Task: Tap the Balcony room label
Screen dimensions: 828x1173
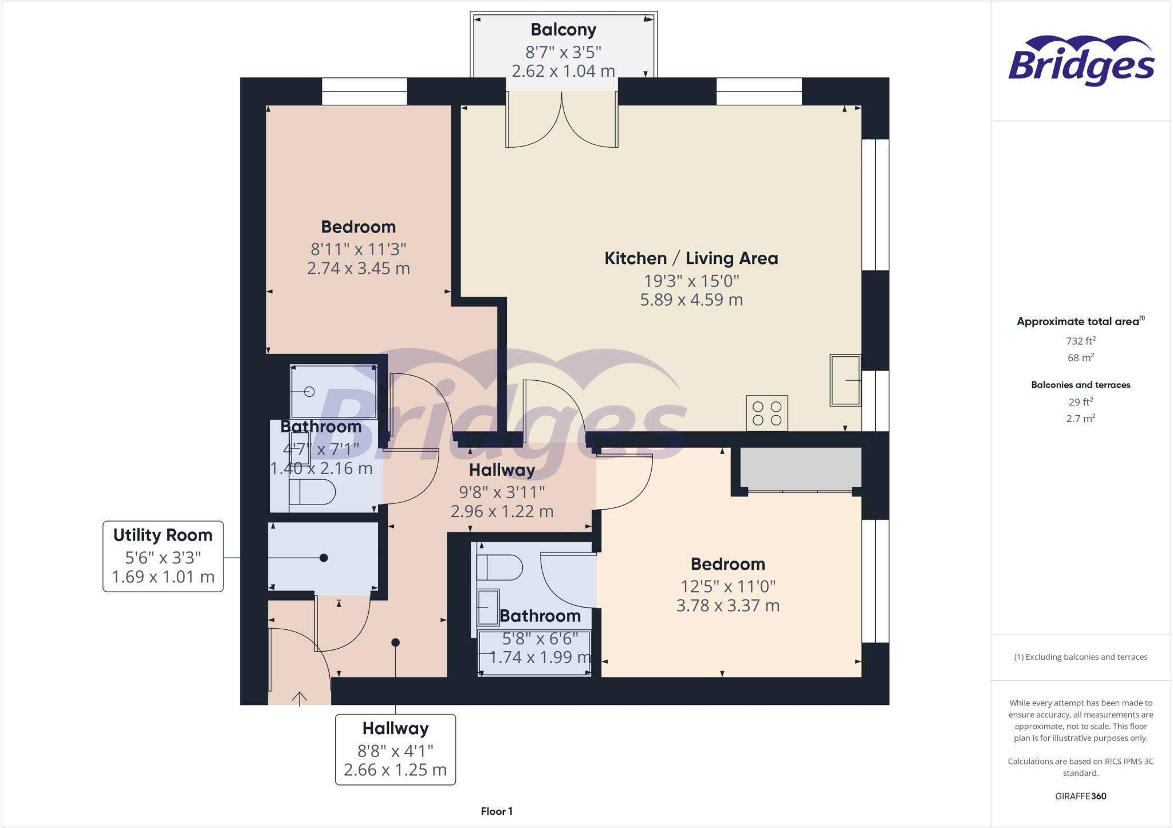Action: point(563,30)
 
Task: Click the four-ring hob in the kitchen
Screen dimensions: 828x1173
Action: point(767,413)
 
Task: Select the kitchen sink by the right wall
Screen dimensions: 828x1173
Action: point(845,380)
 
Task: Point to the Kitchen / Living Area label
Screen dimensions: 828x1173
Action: point(691,258)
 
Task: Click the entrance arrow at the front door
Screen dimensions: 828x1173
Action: point(300,698)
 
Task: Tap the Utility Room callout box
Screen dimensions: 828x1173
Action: point(163,555)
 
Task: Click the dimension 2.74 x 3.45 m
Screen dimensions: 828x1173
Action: point(358,268)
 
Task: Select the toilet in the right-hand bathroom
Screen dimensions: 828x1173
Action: point(499,567)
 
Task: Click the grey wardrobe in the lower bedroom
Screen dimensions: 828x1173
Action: point(801,468)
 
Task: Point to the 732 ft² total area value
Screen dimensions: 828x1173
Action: point(1080,341)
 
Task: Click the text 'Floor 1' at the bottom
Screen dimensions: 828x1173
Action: point(497,811)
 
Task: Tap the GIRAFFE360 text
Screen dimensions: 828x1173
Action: point(1080,796)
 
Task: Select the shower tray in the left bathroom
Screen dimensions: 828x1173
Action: point(333,392)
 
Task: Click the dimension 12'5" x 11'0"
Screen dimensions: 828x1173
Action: point(727,586)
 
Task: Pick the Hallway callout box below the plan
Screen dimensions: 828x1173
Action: point(395,749)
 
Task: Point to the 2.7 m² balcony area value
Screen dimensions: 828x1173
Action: point(1080,419)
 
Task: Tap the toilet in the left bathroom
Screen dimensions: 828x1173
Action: point(312,492)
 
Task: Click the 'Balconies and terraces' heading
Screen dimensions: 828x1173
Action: point(1080,385)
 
